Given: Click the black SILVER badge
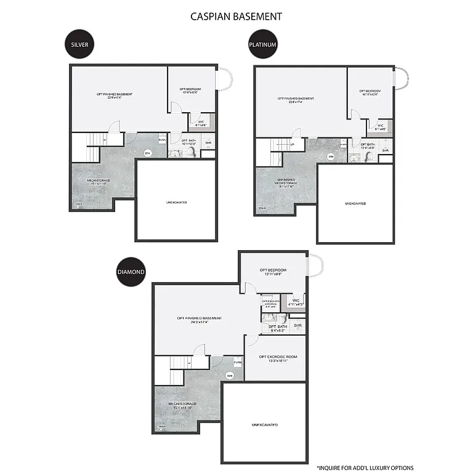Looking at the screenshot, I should [x=79, y=44].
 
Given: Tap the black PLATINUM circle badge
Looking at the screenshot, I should [x=262, y=44].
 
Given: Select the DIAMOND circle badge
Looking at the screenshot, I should [x=131, y=272].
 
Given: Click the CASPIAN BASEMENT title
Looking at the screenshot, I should [x=236, y=16].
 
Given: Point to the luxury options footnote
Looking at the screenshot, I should [x=365, y=467].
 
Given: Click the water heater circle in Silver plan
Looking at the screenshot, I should [x=147, y=153].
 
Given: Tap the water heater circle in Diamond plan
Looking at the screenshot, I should [x=230, y=375].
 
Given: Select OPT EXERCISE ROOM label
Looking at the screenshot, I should [x=278, y=357].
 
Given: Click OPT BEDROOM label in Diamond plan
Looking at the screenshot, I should [x=273, y=270].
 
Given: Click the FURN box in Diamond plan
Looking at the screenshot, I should [x=237, y=363].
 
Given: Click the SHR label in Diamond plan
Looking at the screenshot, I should [x=297, y=325].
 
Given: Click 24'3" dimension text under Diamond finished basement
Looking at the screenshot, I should [x=199, y=323].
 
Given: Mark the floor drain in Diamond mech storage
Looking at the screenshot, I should [x=162, y=426].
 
